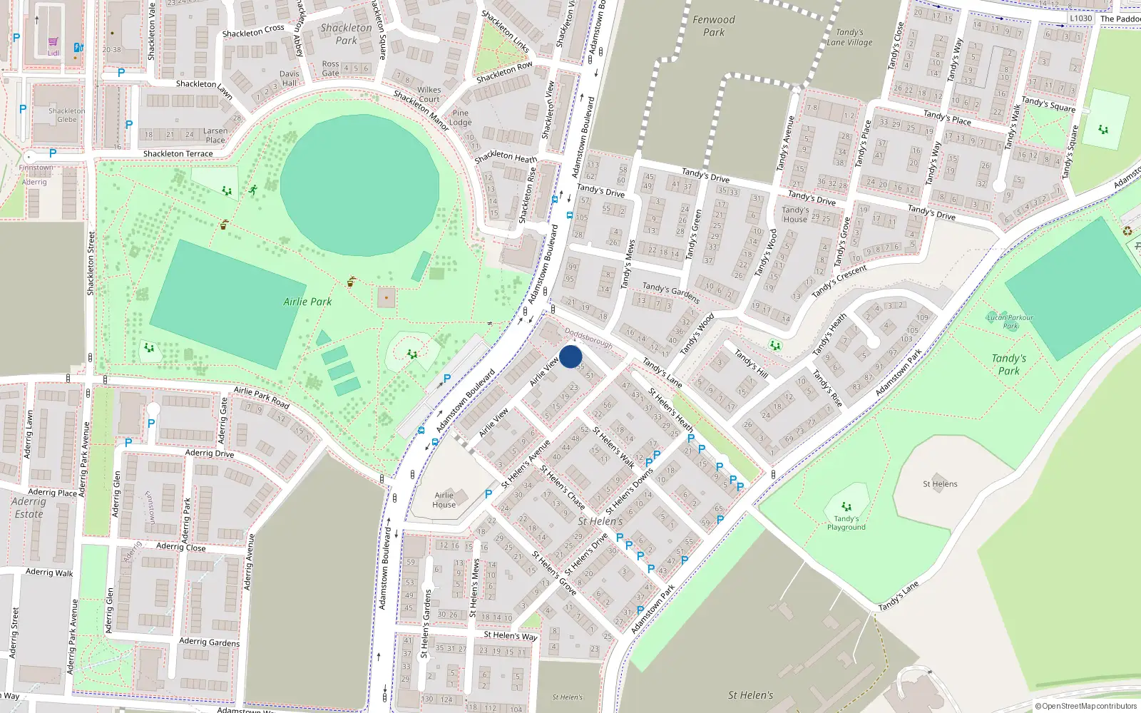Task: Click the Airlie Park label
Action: coord(307,302)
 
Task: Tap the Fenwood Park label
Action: coord(713,26)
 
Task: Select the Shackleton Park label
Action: coord(346,34)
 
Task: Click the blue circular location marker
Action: coord(570,356)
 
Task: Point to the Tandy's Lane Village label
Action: coord(849,37)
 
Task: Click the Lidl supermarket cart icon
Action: coord(53,42)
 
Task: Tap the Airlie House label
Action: coord(444,500)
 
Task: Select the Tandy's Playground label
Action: coord(846,523)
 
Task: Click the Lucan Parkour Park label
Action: coord(1010,322)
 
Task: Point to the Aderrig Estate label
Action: coord(29,508)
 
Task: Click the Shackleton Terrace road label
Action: coord(178,154)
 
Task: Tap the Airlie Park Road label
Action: coord(262,397)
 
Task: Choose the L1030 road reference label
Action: coord(1080,19)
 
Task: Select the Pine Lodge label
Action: coord(461,118)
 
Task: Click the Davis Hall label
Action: coord(290,78)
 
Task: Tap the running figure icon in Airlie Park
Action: coord(253,190)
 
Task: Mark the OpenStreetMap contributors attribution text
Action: coord(1085,707)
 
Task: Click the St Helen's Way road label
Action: coord(510,635)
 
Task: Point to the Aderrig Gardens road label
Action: coord(209,642)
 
